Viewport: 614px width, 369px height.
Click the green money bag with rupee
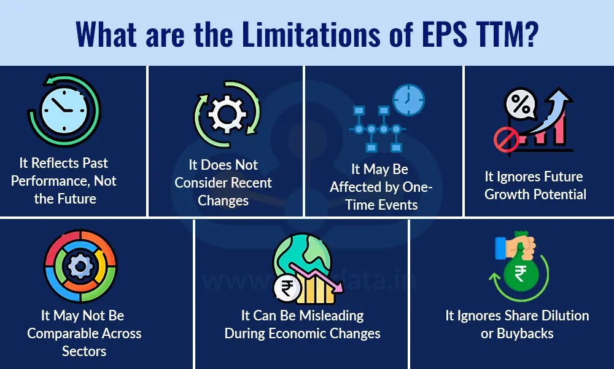click(520, 274)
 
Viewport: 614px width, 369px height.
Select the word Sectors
click(84, 351)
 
